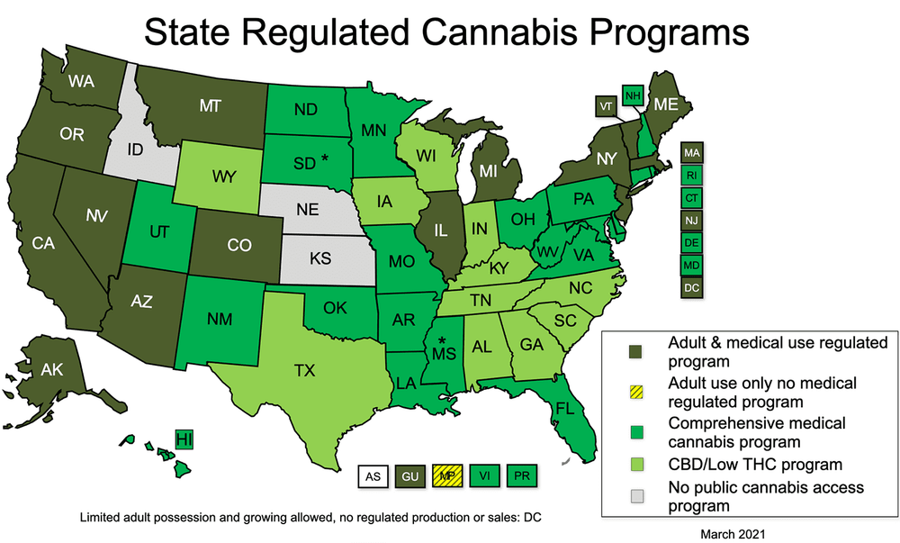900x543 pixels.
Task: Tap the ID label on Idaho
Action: click(x=135, y=149)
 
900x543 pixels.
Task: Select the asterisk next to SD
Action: click(x=324, y=159)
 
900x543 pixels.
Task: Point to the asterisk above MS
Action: click(x=442, y=341)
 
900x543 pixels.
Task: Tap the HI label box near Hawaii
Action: click(x=184, y=440)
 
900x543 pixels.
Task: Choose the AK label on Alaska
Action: click(x=51, y=368)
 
